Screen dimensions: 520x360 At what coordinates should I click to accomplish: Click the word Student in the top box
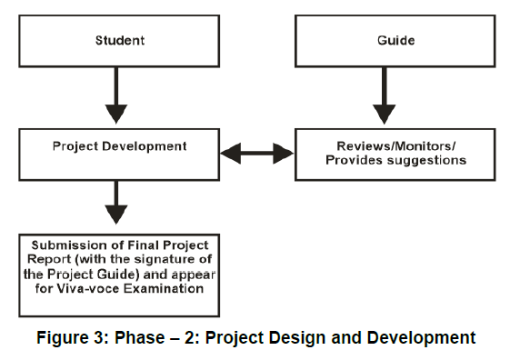120,40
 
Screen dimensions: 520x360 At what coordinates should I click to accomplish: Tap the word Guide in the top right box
396,40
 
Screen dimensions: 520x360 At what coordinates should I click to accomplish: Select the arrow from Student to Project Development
116,95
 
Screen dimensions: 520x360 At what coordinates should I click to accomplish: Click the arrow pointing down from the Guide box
384,95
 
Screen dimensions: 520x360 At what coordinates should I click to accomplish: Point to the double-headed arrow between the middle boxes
257,153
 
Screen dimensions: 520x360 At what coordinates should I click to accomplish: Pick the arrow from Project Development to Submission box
116,203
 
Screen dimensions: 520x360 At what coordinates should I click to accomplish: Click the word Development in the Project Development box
145,146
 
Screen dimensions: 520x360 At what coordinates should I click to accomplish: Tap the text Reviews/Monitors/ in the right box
396,146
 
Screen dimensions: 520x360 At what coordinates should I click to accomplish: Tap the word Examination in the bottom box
164,289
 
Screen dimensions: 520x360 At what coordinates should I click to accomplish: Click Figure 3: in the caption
73,338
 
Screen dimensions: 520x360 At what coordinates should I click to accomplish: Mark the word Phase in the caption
139,338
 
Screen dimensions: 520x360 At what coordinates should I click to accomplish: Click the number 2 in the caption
189,338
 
